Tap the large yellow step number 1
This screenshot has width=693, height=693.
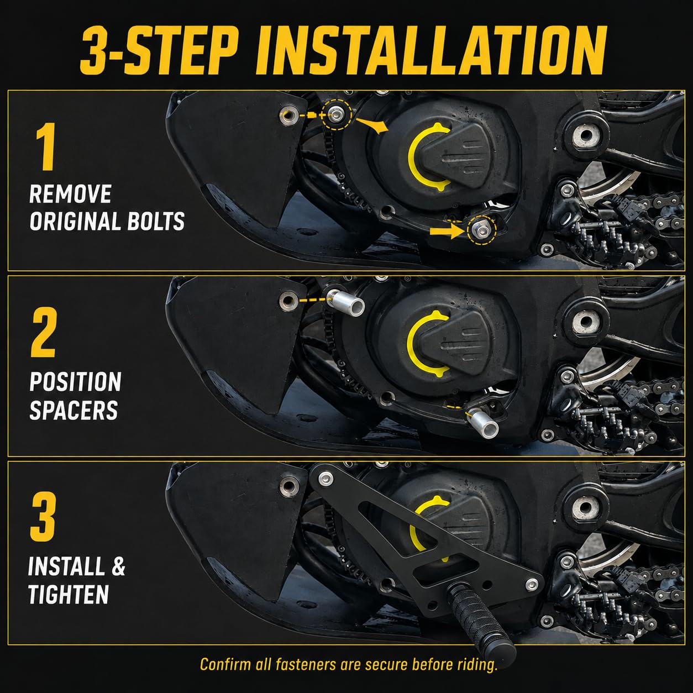click(x=46, y=146)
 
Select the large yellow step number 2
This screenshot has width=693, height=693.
click(x=44, y=333)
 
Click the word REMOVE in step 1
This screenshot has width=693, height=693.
click(x=70, y=194)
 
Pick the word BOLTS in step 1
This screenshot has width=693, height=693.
click(x=156, y=221)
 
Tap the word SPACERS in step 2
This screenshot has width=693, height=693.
click(x=73, y=411)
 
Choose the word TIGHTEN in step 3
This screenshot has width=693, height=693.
click(x=69, y=594)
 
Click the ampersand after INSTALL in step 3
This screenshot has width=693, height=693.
click(x=118, y=566)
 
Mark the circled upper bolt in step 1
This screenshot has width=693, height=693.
click(x=336, y=115)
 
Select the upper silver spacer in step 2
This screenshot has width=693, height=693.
click(x=346, y=303)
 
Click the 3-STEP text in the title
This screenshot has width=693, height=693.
click(x=159, y=51)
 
